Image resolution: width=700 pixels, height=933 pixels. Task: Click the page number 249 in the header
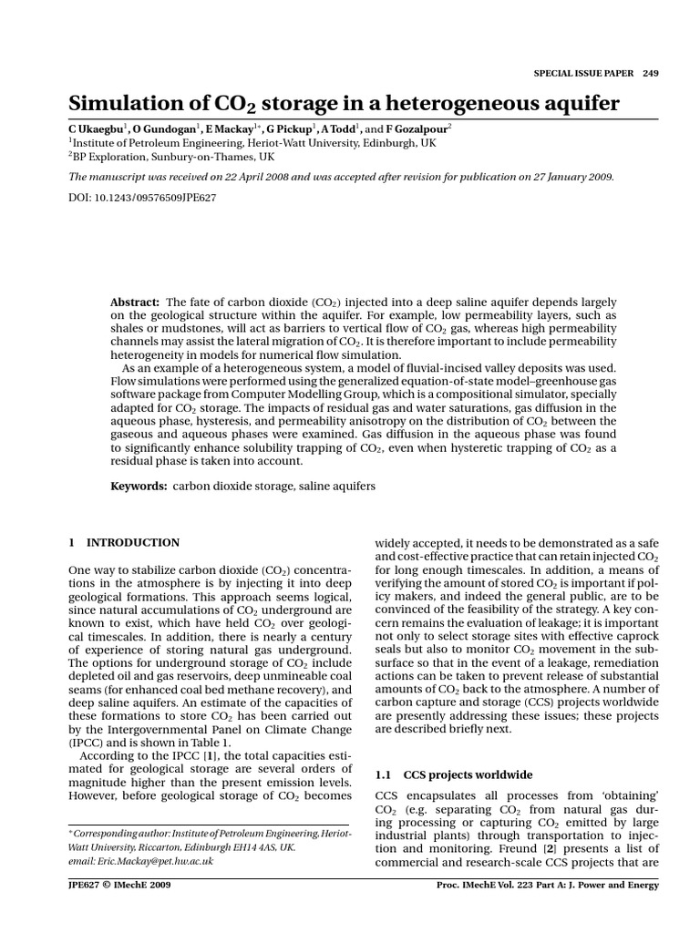coord(650,74)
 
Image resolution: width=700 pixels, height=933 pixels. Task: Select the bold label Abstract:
coord(135,302)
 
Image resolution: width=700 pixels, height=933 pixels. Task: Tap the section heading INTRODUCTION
coord(133,543)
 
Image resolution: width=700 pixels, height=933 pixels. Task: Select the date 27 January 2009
coord(569,177)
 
